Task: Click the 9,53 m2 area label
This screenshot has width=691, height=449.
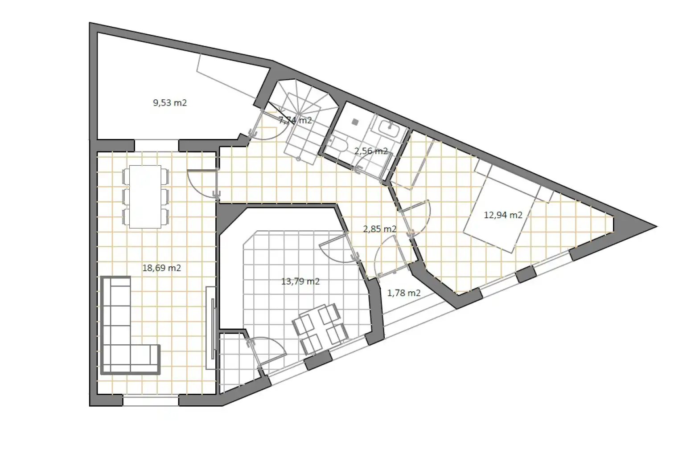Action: [170, 102]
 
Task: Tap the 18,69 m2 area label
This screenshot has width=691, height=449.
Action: [162, 268]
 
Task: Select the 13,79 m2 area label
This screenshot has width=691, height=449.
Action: [300, 282]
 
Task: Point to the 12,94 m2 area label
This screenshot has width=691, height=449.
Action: [503, 215]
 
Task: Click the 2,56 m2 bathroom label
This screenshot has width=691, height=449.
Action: [371, 151]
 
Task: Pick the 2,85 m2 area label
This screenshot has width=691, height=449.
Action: [380, 229]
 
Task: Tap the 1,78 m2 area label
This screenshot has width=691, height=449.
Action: [404, 293]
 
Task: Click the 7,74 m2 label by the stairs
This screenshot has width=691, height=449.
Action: [295, 120]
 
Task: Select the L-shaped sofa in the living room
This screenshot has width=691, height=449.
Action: [130, 326]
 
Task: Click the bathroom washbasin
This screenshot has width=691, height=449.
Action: [389, 128]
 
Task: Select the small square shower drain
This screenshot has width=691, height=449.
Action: [355, 122]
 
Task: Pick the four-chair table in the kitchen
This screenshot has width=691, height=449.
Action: [319, 328]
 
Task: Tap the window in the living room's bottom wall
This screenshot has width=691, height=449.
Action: [151, 401]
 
